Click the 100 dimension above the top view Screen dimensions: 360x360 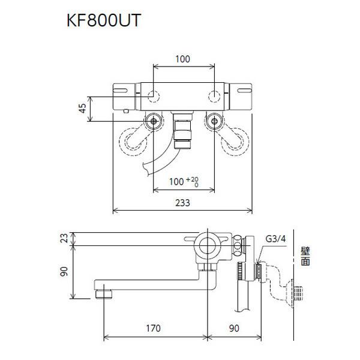pos(184,59)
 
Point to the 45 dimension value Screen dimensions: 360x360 pos(83,109)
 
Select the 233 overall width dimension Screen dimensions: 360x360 pos(184,203)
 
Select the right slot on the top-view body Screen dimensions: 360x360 pos(246,90)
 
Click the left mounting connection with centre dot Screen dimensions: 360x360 pos(154,122)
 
